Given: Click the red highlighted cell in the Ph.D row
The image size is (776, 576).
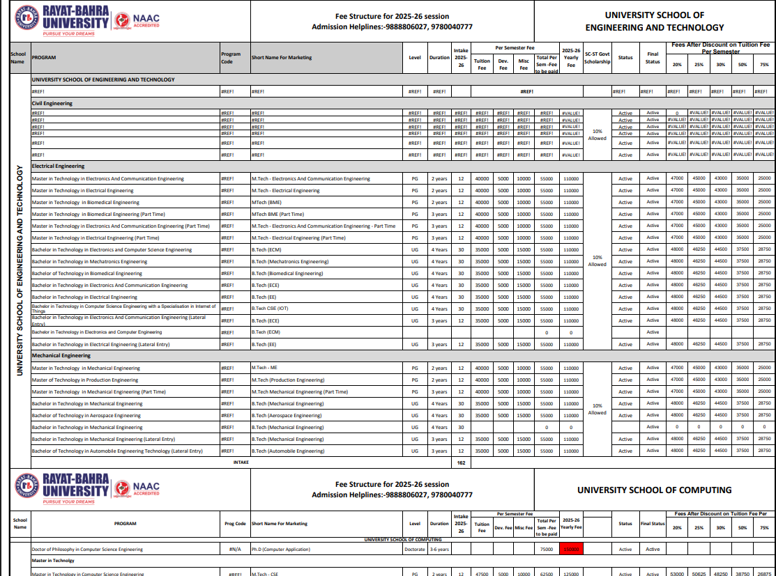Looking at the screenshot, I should coord(570,549).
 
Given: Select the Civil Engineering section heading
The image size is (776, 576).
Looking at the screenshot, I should coord(52,103).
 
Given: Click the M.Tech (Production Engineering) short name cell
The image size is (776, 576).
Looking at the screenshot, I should coord(288,380).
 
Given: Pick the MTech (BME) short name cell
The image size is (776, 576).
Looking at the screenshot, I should coord(266,202).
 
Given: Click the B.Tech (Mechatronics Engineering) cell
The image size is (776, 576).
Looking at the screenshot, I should coord(290,262).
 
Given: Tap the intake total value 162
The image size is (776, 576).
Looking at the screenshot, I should coord(461,462).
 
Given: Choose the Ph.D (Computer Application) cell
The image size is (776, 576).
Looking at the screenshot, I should coord(281,549).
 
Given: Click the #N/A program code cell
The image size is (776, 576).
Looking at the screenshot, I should coord(235,549).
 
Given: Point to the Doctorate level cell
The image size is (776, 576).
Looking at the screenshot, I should coord(415,549).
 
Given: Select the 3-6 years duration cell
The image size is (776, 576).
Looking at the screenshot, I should coord(439,549).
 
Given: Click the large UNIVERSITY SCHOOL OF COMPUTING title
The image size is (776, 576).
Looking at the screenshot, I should coord(654,490).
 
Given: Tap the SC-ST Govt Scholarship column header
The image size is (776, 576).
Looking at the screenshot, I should coord(597,57).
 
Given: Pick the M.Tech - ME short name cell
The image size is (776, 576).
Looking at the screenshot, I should coord(265,368).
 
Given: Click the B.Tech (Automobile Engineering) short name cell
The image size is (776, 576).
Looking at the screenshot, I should coord(288,451).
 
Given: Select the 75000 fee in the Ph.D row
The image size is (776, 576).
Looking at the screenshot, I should coord(547,549).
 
